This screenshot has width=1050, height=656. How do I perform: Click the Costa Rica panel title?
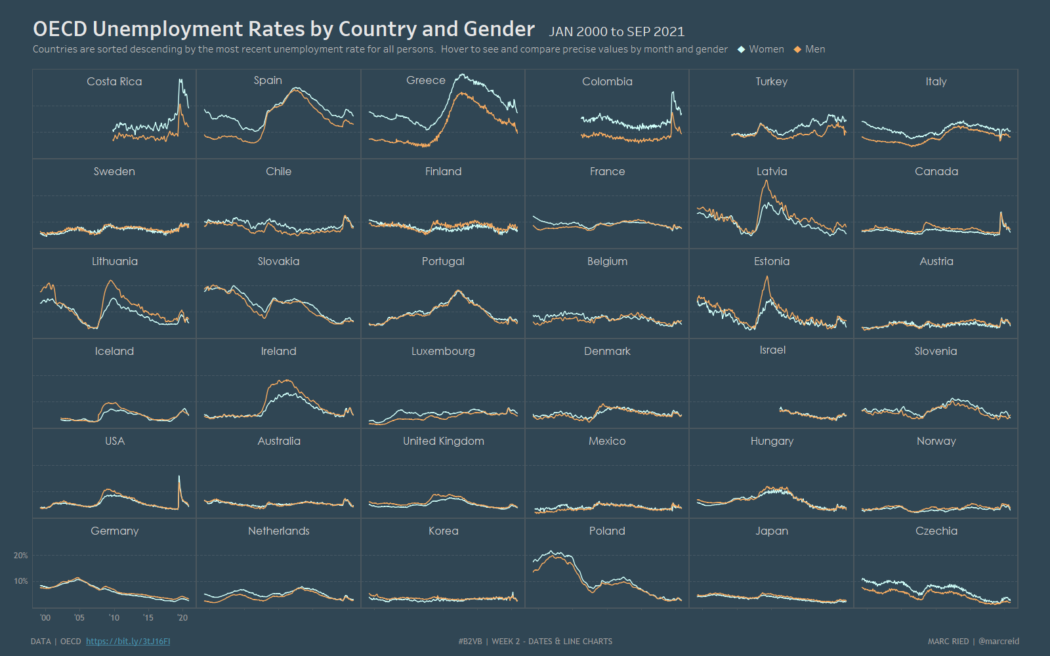(114, 81)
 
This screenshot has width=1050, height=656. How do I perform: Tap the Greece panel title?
(425, 80)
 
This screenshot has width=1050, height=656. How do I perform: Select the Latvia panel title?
(771, 171)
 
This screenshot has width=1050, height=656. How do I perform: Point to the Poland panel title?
(607, 531)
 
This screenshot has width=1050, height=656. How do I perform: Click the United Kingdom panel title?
(443, 441)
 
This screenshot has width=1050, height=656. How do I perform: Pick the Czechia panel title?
(936, 531)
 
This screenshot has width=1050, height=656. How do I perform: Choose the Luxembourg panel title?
(443, 351)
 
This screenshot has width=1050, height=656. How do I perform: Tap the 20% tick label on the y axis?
(21, 556)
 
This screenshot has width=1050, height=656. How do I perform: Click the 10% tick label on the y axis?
(21, 581)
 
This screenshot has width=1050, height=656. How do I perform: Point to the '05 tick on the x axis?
(79, 618)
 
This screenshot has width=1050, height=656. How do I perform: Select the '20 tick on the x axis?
(182, 618)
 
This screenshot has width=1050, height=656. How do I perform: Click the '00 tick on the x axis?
(45, 618)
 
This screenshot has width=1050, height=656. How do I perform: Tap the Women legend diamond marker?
(741, 49)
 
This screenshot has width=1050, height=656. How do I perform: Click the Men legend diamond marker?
(797, 49)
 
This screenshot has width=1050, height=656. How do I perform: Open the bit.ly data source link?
(128, 642)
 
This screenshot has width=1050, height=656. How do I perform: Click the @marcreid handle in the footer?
(999, 642)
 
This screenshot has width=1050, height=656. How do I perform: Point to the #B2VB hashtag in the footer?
(470, 642)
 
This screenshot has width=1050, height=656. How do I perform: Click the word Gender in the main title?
(499, 29)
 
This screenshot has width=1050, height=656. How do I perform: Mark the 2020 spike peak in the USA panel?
(179, 476)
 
